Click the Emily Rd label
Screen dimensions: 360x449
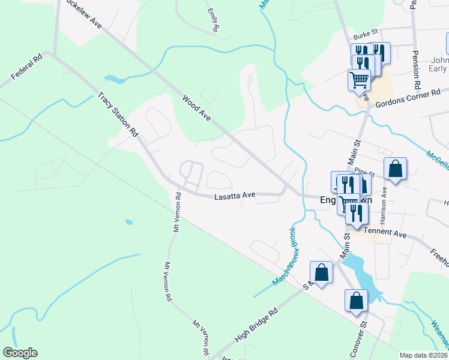(x=212, y=20)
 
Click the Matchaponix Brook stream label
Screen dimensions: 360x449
(x=284, y=256)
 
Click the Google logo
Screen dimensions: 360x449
(x=20, y=353)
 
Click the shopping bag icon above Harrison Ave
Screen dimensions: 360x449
(x=396, y=170)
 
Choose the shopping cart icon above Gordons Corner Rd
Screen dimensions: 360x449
(x=359, y=79)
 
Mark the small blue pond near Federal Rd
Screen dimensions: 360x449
(x=115, y=79)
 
